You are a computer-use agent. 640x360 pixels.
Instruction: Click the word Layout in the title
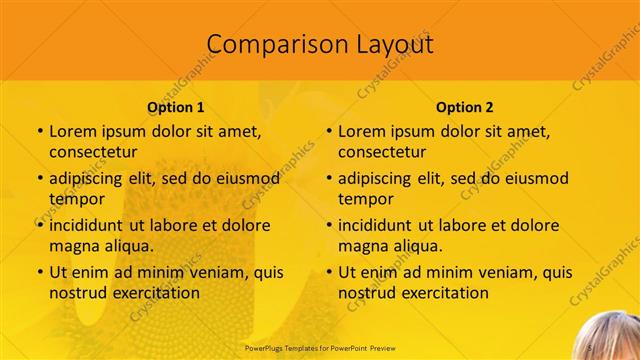tap(393, 45)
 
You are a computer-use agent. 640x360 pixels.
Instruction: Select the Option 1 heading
tap(176, 107)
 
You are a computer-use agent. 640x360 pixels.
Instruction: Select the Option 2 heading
tap(465, 107)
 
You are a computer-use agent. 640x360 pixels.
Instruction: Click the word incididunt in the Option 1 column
tap(95, 225)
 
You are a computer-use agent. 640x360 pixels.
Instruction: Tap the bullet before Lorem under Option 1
tap(39, 132)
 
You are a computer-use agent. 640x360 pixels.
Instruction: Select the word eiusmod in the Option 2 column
tap(535, 179)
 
